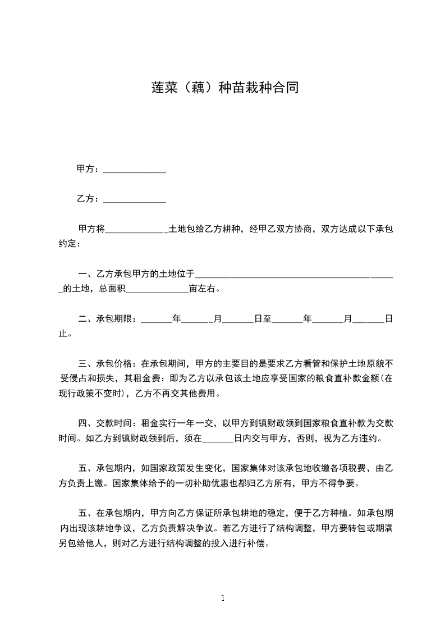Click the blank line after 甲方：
[x=135, y=170]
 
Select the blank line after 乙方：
[x=135, y=199]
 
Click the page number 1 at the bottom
[x=223, y=599]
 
